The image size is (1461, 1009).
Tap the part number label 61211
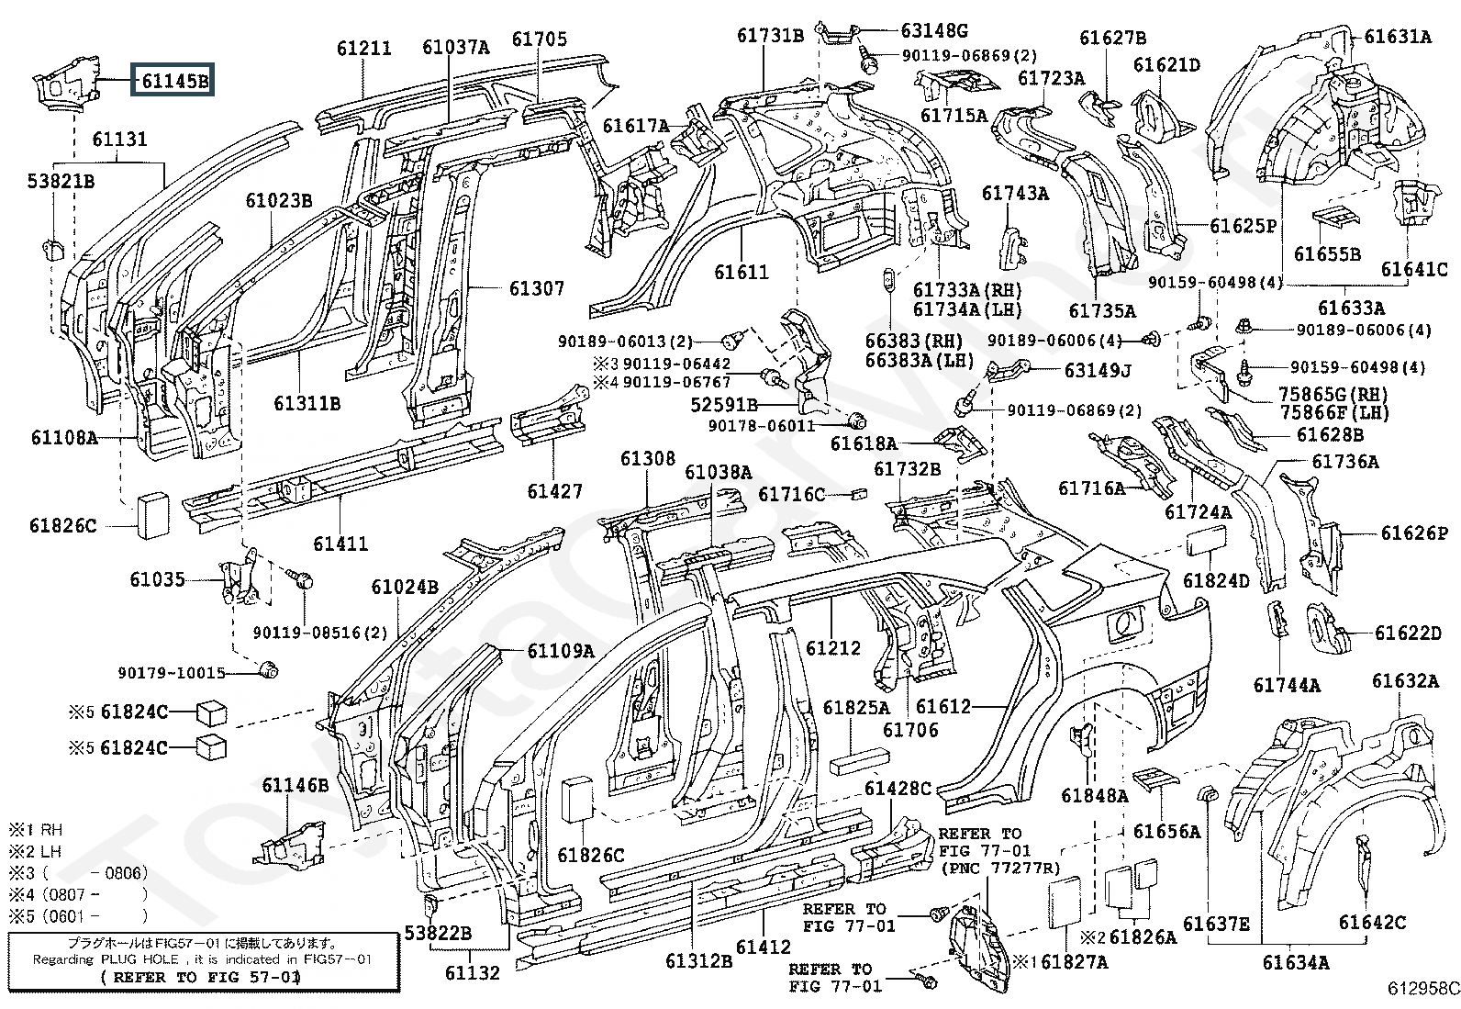coord(364,49)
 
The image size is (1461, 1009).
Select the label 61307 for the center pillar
coord(537,287)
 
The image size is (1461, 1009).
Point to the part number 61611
coord(742,272)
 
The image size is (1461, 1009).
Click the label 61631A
coord(1398,37)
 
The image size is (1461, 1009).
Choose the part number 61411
coord(340,543)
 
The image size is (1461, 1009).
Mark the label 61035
coord(157,579)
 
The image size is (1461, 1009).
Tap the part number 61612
coord(943,706)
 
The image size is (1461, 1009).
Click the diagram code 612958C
coord(1422,989)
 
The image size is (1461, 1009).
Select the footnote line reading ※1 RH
coord(36,830)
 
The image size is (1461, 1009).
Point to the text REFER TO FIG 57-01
coord(200,977)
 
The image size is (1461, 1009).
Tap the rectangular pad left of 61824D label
coord(1206,541)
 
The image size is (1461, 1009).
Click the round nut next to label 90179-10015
coord(268,669)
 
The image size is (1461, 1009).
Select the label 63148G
coord(934,30)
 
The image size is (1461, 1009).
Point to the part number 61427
coord(554,491)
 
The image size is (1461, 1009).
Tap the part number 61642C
coord(1372,922)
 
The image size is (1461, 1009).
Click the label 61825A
coord(855,708)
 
